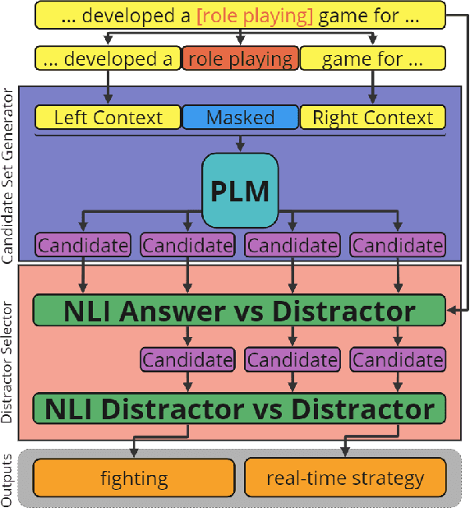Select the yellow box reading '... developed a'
(108, 58)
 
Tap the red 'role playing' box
(240, 58)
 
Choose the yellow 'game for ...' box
(372, 58)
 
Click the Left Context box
(108, 118)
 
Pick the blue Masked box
(240, 118)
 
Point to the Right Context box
(372, 118)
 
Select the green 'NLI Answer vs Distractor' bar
(239, 311)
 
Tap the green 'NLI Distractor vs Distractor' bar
(239, 409)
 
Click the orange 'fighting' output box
(134, 478)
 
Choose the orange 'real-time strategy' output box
(345, 478)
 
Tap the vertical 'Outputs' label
(9, 478)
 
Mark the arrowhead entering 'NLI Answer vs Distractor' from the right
(451, 312)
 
